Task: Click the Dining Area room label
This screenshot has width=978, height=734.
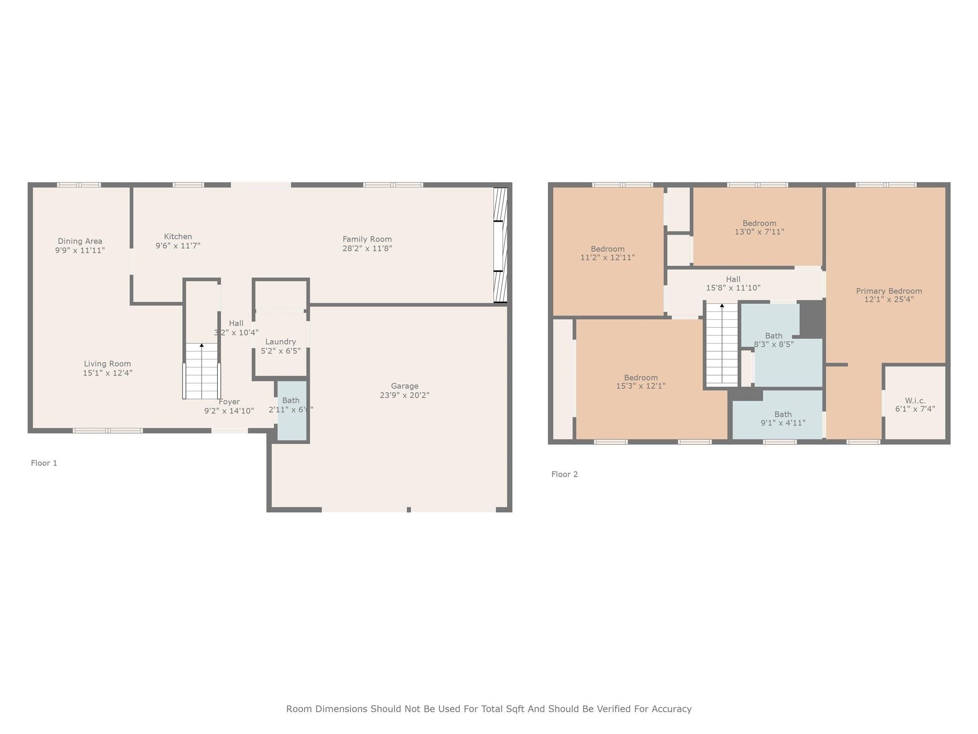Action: coord(80,241)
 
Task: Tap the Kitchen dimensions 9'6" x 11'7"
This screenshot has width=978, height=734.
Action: coord(178,246)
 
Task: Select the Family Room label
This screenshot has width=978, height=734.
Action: coord(367,239)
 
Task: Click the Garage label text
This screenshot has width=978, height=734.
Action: coord(404,386)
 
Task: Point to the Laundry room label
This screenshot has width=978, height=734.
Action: coord(280,342)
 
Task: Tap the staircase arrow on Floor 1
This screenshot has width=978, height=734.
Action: coord(202,345)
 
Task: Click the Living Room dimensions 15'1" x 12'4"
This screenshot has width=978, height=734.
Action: coord(107,373)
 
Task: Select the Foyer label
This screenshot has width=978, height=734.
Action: coord(229,402)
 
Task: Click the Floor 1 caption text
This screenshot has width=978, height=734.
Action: coord(44,463)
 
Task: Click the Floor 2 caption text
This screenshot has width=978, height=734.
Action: coord(564,474)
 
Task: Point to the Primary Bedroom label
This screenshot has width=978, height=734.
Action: coord(889,291)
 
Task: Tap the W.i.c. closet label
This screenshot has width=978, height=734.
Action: coord(914,400)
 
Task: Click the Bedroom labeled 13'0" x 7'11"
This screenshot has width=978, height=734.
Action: coord(759,227)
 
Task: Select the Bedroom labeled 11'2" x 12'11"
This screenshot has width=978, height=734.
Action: coord(607,253)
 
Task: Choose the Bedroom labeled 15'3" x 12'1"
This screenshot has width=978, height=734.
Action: coord(640,381)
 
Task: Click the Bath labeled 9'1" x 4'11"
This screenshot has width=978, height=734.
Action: coord(783,418)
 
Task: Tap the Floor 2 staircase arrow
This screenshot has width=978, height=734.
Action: coord(722,306)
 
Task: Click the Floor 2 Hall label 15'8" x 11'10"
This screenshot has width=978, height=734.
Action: coord(733,283)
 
